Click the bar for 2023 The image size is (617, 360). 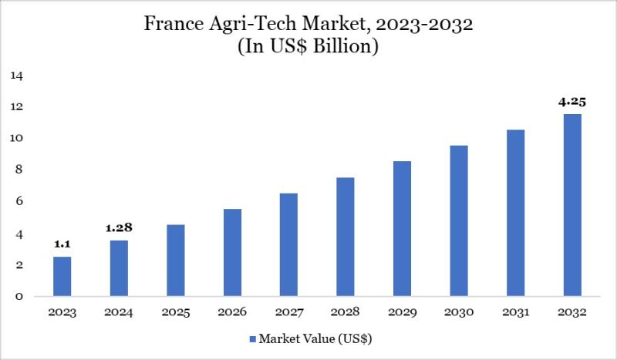[x=62, y=277]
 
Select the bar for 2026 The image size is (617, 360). [x=232, y=253]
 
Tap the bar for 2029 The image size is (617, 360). [x=402, y=229]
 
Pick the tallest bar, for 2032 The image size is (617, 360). [x=571, y=205]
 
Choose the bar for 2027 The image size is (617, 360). [x=288, y=245]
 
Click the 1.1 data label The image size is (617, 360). [x=62, y=244]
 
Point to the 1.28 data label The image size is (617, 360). [x=119, y=227]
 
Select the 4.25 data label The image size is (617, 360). [x=571, y=100]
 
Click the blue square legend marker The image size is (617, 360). [x=252, y=338]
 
